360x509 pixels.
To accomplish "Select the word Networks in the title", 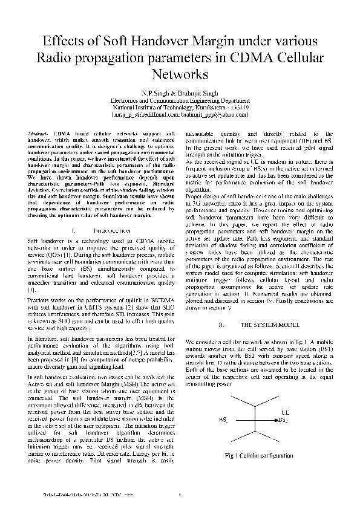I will pos(180,75).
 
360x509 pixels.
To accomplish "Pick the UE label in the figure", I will pos(285,412).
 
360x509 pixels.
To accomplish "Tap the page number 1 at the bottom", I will pos(180,497).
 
